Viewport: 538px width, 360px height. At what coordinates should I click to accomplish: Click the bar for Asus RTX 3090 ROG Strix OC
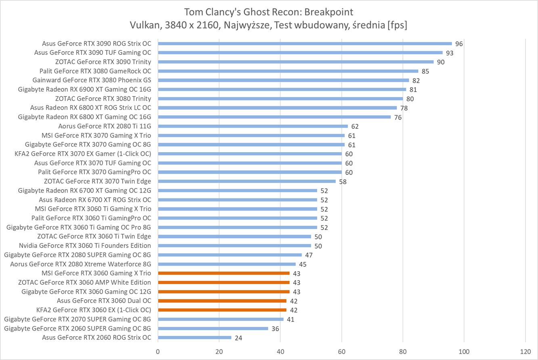pos(305,44)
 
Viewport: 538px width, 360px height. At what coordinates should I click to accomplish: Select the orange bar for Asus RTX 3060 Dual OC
pos(222,301)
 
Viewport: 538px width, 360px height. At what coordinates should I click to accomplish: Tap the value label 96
pos(459,44)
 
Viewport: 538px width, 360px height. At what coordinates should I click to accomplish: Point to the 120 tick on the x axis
pos(525,351)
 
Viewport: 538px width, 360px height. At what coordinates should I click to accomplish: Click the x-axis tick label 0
pos(158,351)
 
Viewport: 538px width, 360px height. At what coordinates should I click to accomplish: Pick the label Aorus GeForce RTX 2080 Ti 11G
pos(105,126)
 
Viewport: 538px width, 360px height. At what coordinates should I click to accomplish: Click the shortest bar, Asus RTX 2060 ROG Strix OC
pos(195,337)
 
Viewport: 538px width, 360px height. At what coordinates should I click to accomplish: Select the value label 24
pos(238,338)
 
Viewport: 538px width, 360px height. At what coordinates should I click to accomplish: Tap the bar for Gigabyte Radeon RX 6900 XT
pos(282,90)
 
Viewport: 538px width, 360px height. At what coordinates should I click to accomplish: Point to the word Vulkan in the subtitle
pos(143,25)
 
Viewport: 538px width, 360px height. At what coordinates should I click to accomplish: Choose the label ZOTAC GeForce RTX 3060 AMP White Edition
pos(85,283)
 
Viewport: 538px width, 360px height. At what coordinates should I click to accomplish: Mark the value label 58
pos(343,182)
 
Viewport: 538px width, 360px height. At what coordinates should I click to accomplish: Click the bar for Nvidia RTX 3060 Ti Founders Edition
pos(234,246)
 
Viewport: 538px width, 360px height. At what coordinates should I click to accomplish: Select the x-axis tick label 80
pos(403,351)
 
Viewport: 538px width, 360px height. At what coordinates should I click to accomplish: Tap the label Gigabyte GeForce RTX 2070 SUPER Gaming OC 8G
pos(77,319)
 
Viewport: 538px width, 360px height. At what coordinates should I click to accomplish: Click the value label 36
pos(275,329)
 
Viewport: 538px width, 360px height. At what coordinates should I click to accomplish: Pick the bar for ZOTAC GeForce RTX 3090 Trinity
pos(295,62)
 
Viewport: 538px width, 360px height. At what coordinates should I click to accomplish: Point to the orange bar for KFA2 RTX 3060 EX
pos(222,310)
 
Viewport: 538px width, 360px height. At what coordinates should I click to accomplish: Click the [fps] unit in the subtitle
pos(397,25)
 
